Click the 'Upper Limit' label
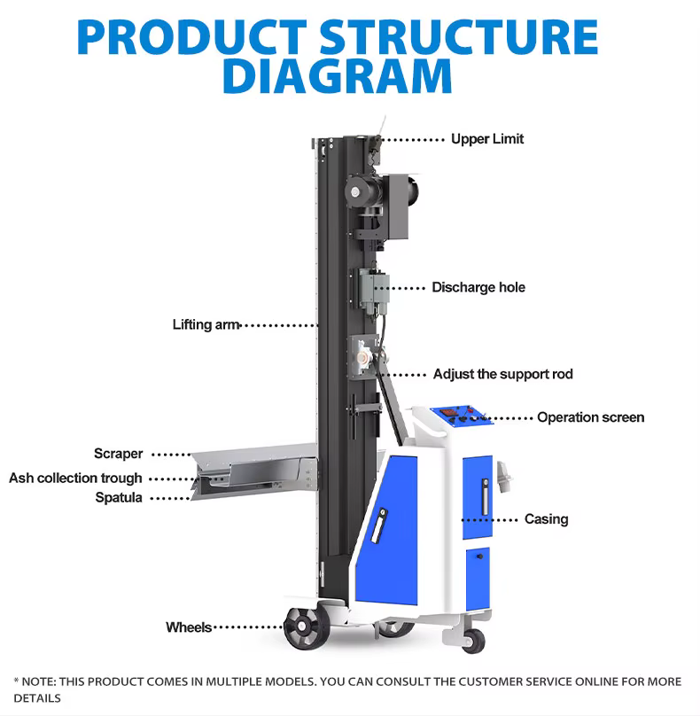[x=487, y=139]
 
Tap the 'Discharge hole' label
[x=478, y=287]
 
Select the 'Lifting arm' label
[x=206, y=324]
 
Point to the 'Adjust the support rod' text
[x=502, y=374]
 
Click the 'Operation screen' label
[x=590, y=417]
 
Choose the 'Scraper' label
[x=118, y=454]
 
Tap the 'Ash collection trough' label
[x=75, y=478]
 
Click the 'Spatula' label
[x=119, y=498]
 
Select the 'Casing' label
[x=546, y=518]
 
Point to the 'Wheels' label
[x=188, y=627]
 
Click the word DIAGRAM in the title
[x=337, y=76]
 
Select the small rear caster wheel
[x=472, y=640]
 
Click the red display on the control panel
[x=451, y=412]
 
